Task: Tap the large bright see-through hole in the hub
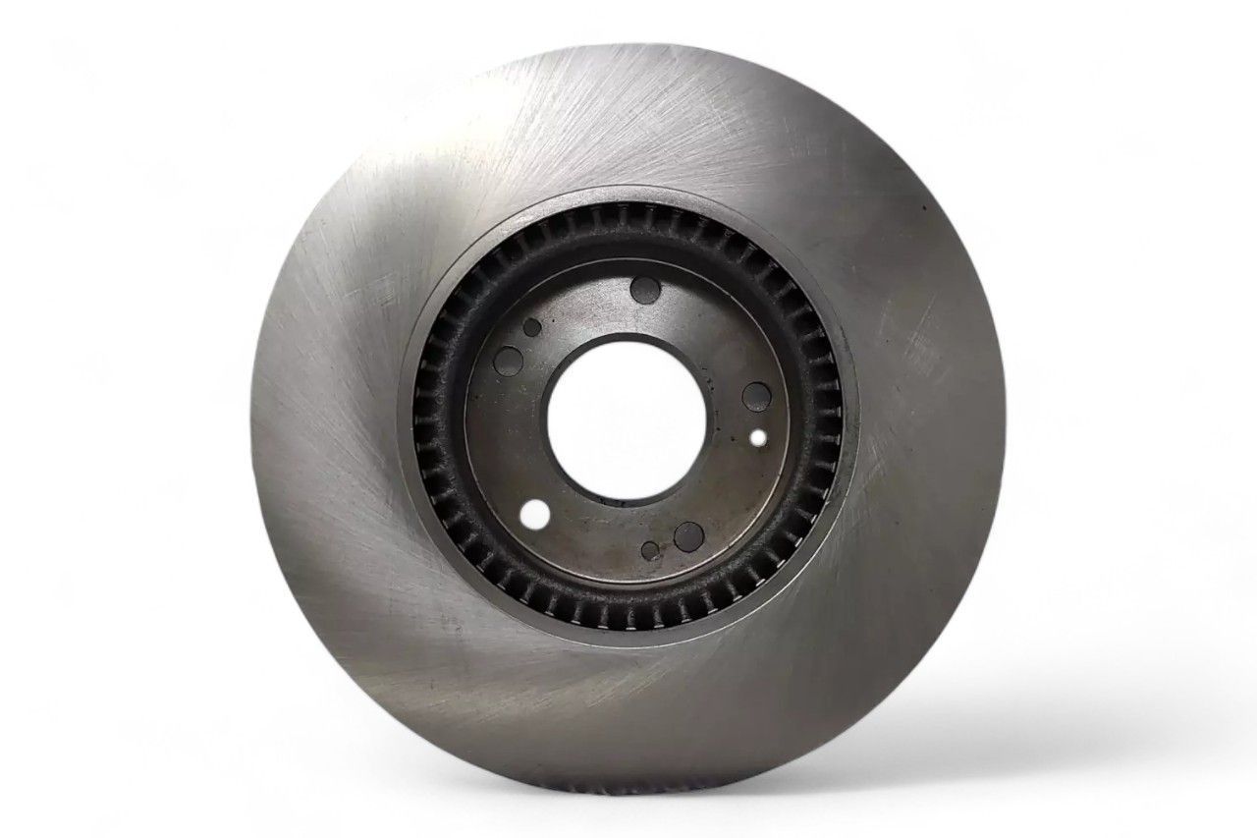coord(535,513)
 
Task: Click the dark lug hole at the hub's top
coord(645,289)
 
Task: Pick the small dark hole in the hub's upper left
coord(531,327)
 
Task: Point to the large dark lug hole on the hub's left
coord(510,363)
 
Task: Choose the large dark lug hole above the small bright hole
coord(755,396)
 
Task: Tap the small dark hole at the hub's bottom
coord(650,550)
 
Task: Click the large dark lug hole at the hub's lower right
coord(688,535)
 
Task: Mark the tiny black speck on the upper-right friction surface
coord(923,209)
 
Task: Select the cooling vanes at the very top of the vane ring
coord(628,218)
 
